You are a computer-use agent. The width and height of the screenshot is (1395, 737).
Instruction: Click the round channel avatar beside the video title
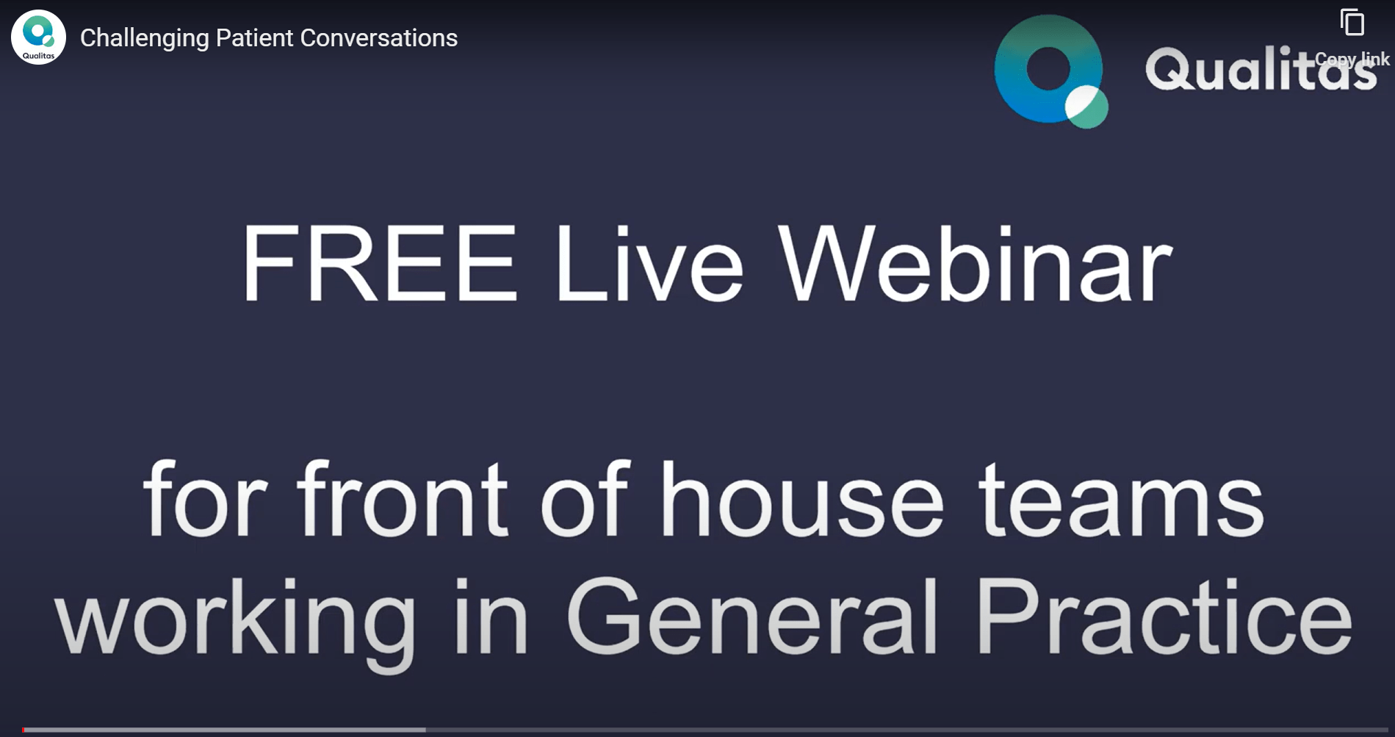click(x=38, y=37)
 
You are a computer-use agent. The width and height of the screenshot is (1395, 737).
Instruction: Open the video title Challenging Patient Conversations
click(x=269, y=37)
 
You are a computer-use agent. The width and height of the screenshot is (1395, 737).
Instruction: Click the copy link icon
click(x=1352, y=23)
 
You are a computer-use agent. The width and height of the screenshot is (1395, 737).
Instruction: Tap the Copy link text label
click(x=1352, y=59)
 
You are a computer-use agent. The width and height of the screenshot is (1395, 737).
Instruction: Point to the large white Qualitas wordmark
click(x=1261, y=69)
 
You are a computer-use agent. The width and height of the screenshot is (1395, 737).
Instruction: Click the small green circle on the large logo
click(x=1086, y=107)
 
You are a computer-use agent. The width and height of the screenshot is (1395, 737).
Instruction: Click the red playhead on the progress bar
click(x=24, y=730)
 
